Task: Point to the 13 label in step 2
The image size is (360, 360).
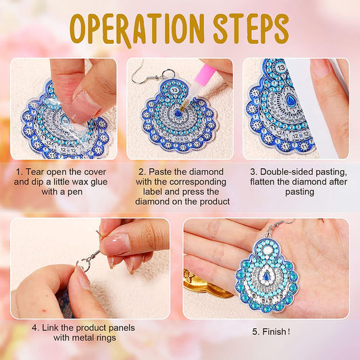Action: click(174, 90)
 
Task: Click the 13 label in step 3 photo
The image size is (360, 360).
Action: click(281, 68)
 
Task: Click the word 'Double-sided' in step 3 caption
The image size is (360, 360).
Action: click(286, 172)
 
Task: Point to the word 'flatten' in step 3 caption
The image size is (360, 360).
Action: click(265, 181)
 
